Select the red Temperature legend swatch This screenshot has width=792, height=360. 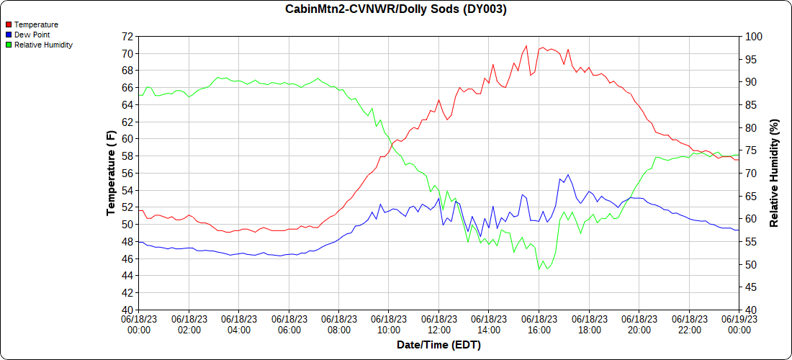click(x=9, y=25)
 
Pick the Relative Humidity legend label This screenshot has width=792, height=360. click(x=43, y=45)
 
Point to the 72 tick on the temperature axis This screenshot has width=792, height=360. click(x=127, y=36)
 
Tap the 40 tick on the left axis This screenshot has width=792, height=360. click(x=127, y=310)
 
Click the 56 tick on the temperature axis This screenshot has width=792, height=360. click(x=127, y=173)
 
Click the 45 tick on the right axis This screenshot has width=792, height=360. click(x=750, y=287)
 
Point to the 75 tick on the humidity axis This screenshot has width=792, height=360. click(x=750, y=150)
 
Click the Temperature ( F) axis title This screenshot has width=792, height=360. click(x=111, y=173)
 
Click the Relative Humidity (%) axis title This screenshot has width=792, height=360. click(x=775, y=173)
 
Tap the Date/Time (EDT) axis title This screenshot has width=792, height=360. click(x=438, y=345)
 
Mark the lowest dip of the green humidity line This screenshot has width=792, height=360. click(x=539, y=270)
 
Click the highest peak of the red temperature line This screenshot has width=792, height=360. click(x=526, y=45)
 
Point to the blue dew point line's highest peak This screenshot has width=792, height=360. click(x=568, y=174)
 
